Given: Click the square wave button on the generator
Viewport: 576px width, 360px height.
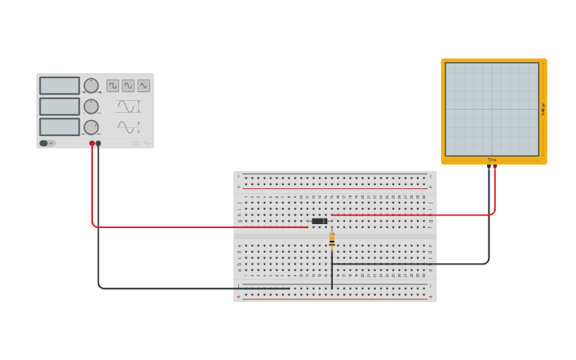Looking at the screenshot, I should [x=113, y=85].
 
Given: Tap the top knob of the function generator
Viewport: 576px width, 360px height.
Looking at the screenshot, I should [x=91, y=85].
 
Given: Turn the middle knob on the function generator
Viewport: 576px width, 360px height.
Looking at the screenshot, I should [x=91, y=106].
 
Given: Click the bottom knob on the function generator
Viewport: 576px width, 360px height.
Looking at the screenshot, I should [x=91, y=126].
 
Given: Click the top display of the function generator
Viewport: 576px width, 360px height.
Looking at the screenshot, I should [x=60, y=86].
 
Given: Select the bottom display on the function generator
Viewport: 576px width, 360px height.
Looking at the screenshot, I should [x=60, y=127].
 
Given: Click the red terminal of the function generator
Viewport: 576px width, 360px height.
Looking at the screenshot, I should [x=92, y=144].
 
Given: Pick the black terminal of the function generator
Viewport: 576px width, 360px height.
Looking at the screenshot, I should [x=99, y=144].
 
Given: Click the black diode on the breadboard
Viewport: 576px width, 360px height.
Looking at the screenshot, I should [x=319, y=221].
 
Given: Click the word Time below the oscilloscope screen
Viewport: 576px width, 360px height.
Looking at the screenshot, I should [x=492, y=160].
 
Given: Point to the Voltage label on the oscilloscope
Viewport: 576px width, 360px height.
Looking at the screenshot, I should [x=543, y=109].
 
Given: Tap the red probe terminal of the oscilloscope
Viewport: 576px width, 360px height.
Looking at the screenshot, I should [x=495, y=167].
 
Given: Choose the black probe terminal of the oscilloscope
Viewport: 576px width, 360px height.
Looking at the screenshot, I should [x=489, y=167].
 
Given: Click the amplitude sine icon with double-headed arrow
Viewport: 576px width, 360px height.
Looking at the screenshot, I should [x=128, y=106].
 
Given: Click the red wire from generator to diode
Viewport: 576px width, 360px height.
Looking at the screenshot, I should [x=199, y=227].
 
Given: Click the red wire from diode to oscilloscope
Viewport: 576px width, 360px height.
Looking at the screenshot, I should [x=413, y=215].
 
